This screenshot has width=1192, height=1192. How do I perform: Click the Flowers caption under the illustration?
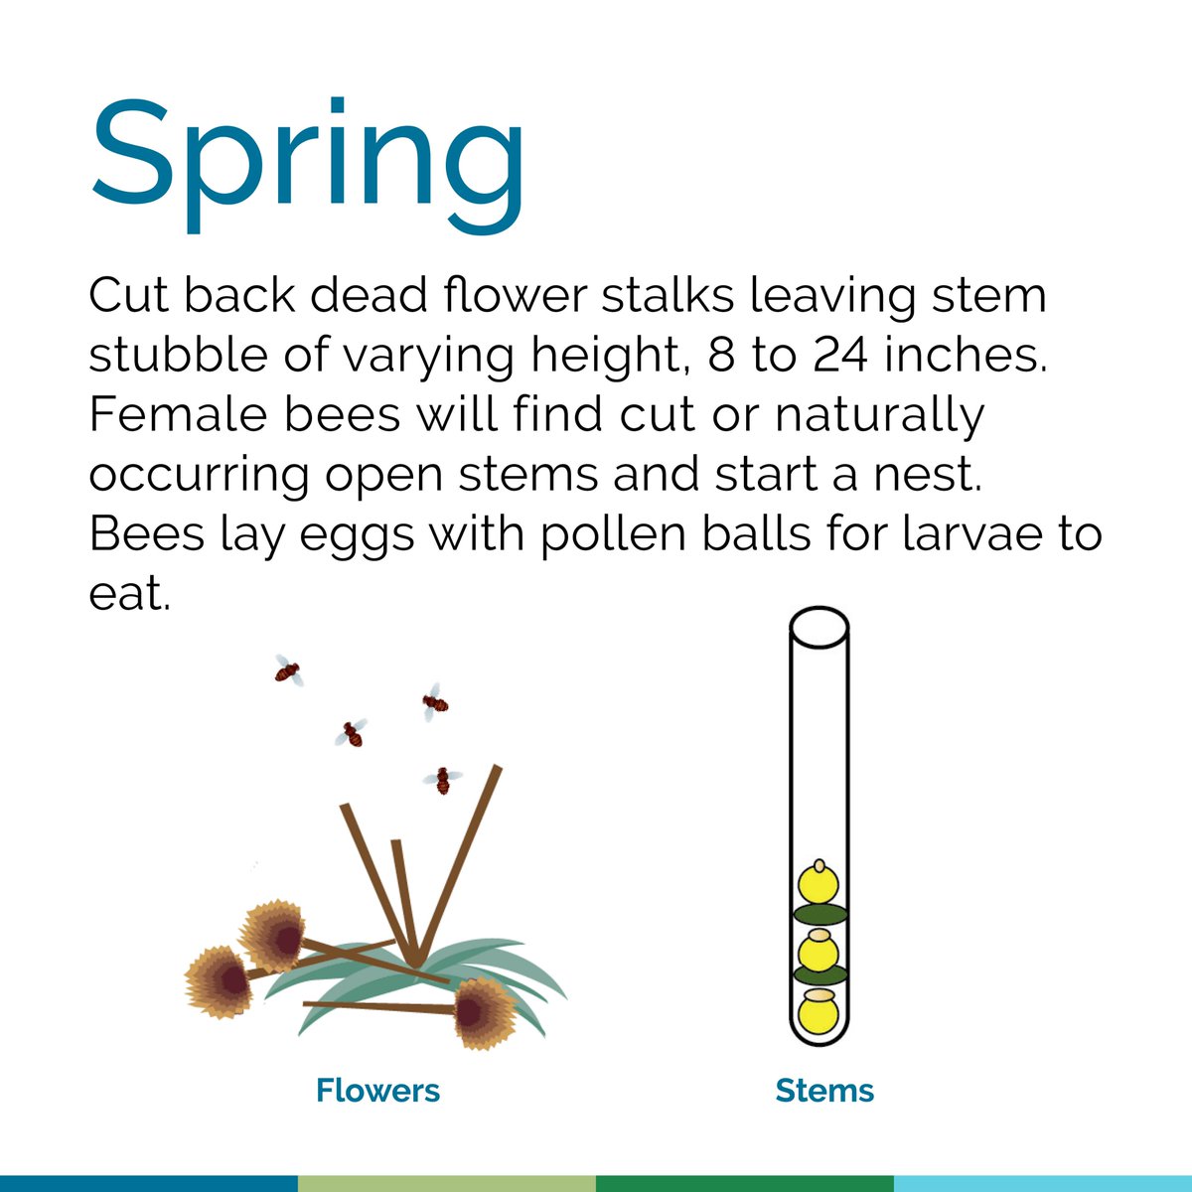pyautogui.click(x=377, y=1091)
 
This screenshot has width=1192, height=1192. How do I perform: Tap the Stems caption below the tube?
pyautogui.click(x=824, y=1091)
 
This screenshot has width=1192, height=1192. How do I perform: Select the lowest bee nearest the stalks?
pyautogui.click(x=442, y=780)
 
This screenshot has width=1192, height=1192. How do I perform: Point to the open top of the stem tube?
pyautogui.click(x=819, y=627)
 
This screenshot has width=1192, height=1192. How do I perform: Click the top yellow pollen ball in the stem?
pyautogui.click(x=819, y=886)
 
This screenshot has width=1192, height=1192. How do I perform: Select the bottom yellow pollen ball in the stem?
pyautogui.click(x=819, y=1013)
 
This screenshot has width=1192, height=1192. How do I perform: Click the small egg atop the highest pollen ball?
pyautogui.click(x=819, y=865)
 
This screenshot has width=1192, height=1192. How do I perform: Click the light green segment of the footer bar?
pyautogui.click(x=447, y=1183)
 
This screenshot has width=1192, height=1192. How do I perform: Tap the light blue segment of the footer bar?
pyautogui.click(x=1043, y=1183)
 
